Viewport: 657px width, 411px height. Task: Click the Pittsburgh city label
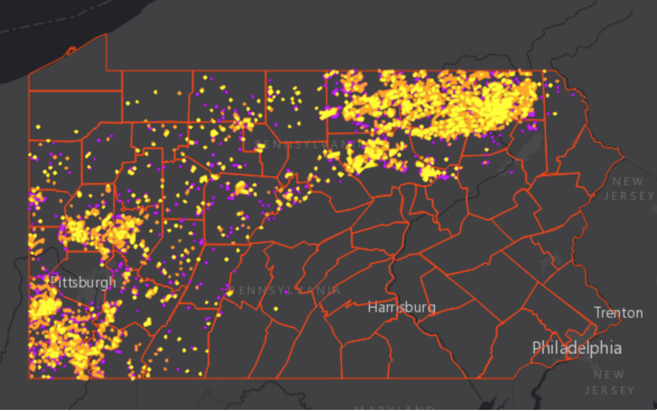83,281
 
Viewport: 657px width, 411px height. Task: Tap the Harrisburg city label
401,307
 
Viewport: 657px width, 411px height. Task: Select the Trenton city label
618,313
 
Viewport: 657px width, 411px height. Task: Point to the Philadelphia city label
577,348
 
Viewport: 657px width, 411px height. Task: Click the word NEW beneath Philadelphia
609,375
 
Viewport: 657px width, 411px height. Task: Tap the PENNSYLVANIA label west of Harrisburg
285,290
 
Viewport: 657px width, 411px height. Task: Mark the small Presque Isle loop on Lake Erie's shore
71,51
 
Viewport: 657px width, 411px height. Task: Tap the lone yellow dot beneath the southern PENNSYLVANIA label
276,309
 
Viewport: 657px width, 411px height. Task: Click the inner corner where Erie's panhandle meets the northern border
107,71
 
